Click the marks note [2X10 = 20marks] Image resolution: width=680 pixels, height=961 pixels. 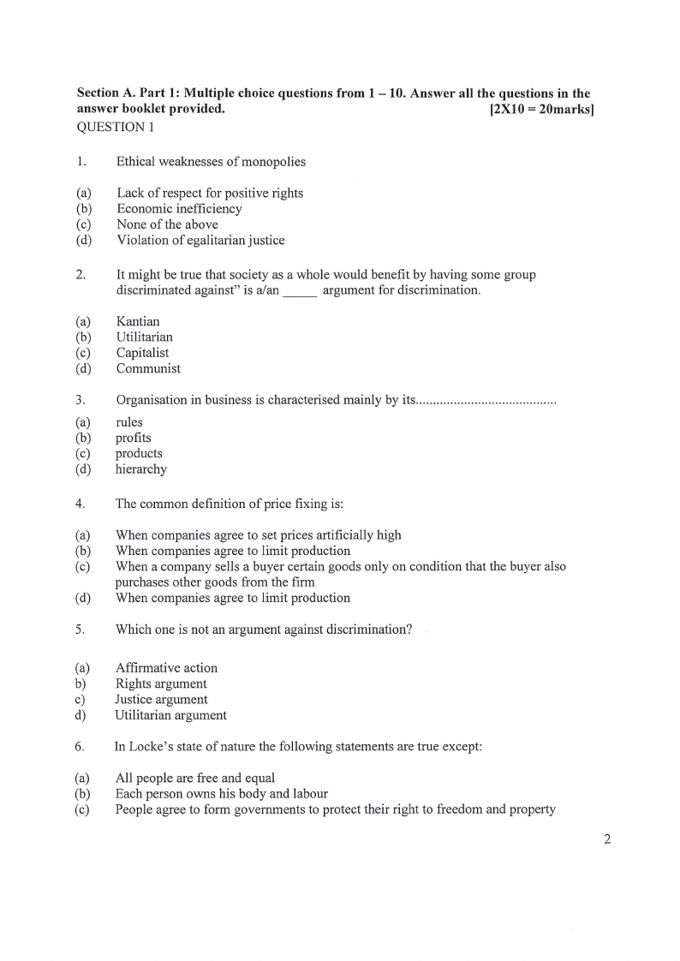[x=541, y=110]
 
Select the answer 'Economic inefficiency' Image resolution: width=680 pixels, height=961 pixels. [x=179, y=208]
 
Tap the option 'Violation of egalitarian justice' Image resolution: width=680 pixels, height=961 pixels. [x=200, y=241]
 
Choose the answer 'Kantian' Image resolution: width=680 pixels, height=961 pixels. [x=138, y=321]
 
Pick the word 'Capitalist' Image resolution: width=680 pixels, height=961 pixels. [x=142, y=353]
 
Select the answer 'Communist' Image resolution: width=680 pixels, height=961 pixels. [x=148, y=369]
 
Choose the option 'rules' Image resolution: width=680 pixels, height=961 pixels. [x=129, y=422]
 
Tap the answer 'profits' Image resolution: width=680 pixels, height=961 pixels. [x=134, y=438]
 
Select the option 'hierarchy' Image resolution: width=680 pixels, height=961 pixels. [x=141, y=469]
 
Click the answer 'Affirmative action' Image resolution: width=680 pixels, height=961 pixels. [x=166, y=668]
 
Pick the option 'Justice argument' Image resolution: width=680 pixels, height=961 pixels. [x=161, y=700]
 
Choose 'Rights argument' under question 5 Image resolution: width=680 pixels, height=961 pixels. [x=161, y=683]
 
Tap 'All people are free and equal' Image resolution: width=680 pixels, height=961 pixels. [x=195, y=778]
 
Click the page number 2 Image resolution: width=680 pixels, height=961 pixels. [x=607, y=839]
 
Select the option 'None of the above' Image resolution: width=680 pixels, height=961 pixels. [x=167, y=224]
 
